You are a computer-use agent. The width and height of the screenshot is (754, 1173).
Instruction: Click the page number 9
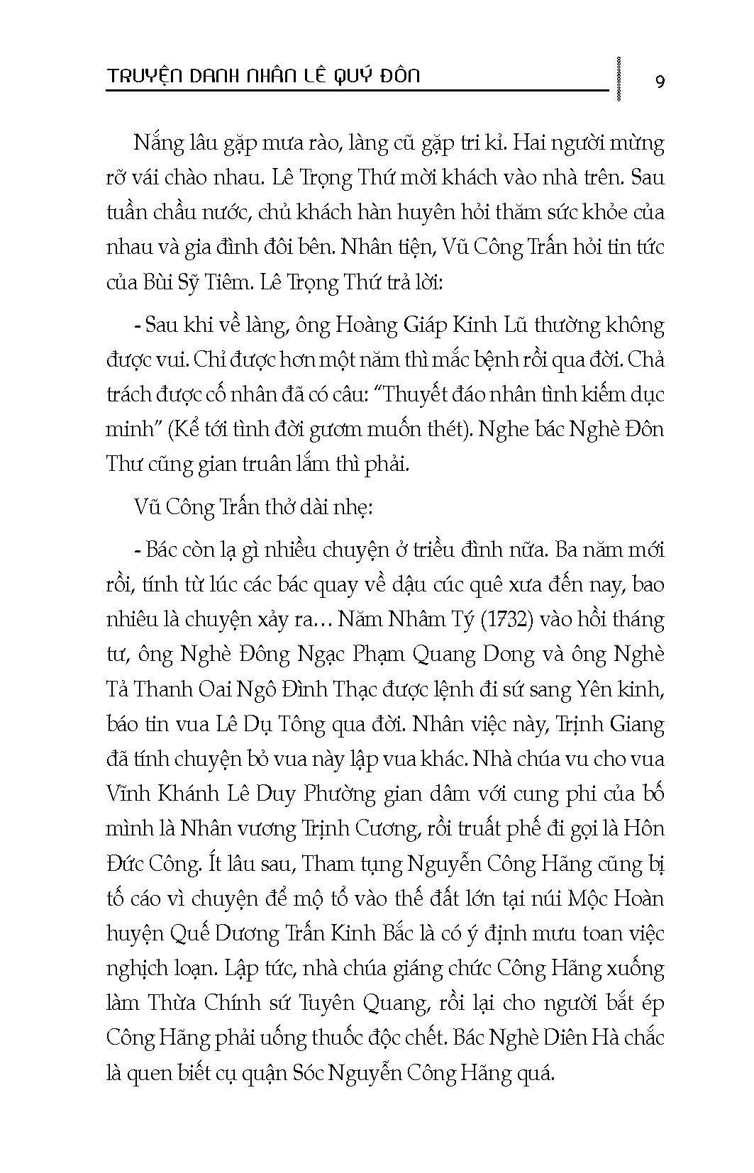[x=660, y=81]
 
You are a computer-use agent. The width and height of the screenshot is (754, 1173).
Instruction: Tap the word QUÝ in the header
[x=348, y=74]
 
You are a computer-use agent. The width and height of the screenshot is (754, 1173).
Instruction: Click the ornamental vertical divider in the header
[x=621, y=78]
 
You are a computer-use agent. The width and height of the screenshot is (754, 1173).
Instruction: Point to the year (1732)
[x=499, y=619]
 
